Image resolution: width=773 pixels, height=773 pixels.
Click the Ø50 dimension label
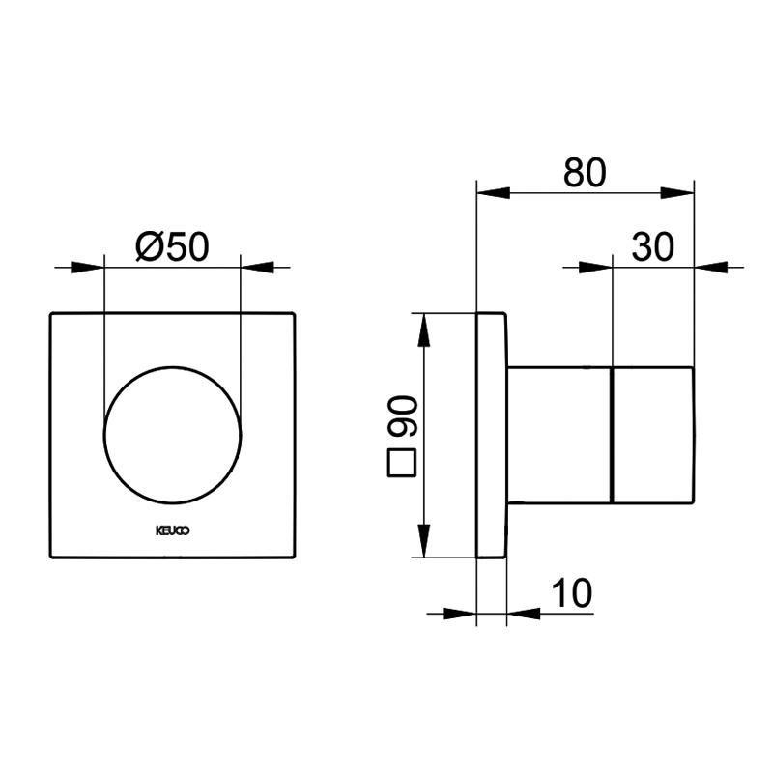(x=173, y=246)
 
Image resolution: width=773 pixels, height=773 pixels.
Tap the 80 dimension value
(x=585, y=173)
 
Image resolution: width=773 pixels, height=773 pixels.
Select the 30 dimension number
(x=652, y=247)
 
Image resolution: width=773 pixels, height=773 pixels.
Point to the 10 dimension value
(x=571, y=593)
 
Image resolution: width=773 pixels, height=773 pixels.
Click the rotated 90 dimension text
(x=403, y=416)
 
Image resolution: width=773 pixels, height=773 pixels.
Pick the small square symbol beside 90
(x=402, y=463)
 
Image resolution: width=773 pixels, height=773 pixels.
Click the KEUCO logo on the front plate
(x=173, y=530)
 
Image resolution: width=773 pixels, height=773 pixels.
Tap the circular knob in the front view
(x=173, y=435)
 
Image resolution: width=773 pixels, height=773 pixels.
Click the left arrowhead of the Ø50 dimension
(x=88, y=268)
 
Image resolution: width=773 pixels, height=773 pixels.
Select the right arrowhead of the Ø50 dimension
(x=257, y=268)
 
